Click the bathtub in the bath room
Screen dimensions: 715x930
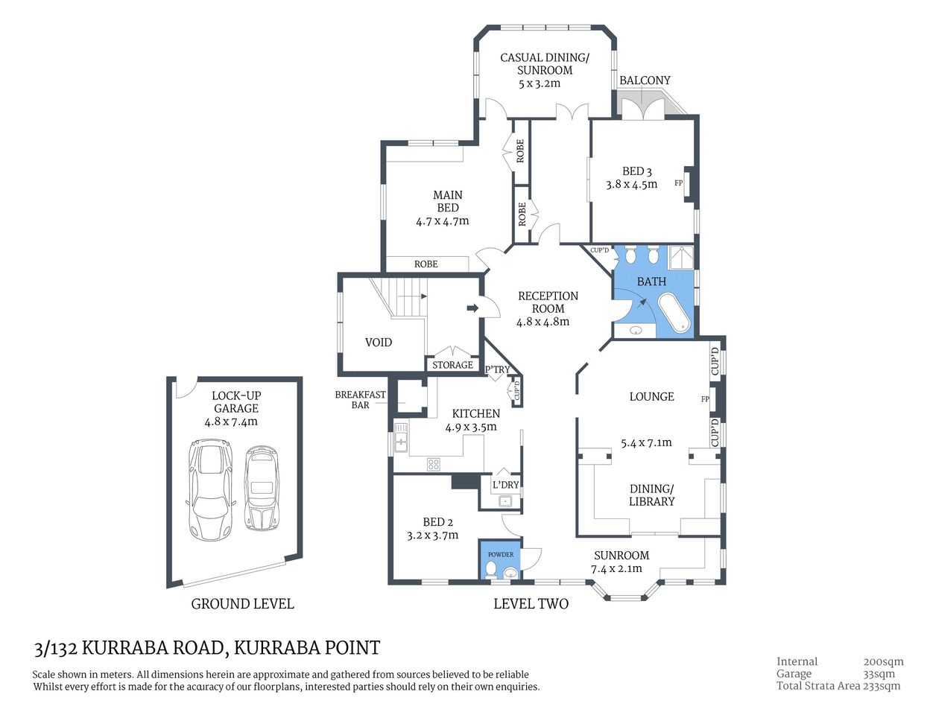point(674,313)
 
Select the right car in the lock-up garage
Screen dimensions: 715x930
point(261,488)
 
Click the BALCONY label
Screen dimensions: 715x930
point(645,80)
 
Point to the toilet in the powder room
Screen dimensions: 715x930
point(490,571)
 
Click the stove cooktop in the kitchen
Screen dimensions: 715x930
point(433,464)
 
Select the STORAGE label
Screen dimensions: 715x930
point(452,365)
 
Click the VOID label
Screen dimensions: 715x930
point(379,343)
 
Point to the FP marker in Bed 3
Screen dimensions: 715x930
point(678,182)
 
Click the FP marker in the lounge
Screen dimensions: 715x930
point(705,399)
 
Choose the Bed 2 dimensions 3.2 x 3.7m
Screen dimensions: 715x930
point(432,535)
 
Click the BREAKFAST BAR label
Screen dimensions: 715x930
point(360,400)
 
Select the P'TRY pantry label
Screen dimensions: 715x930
point(497,369)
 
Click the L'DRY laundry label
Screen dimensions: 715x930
point(505,485)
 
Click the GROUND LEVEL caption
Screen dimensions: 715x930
point(242,604)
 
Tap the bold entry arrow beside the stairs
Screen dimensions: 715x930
point(472,308)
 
